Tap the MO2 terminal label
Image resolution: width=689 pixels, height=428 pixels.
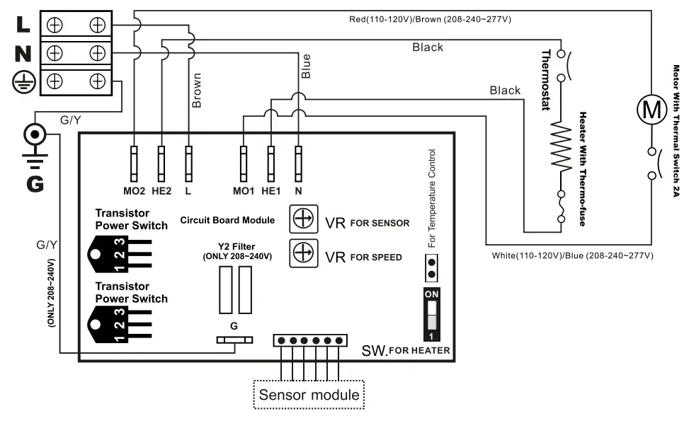click(134, 190)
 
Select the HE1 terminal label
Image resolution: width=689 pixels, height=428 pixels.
click(271, 190)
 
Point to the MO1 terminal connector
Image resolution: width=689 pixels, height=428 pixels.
click(243, 163)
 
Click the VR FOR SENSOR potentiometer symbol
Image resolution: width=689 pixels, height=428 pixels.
click(302, 219)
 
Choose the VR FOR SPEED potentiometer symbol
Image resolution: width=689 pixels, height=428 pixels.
click(302, 252)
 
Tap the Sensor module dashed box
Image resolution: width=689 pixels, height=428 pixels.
click(309, 395)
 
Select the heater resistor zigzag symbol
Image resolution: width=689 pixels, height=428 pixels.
click(562, 148)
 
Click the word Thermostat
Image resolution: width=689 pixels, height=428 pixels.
click(546, 80)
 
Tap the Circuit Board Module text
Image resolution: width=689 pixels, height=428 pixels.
click(227, 220)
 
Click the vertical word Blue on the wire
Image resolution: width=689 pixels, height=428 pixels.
click(306, 65)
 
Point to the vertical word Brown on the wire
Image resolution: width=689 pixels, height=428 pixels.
click(197, 90)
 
